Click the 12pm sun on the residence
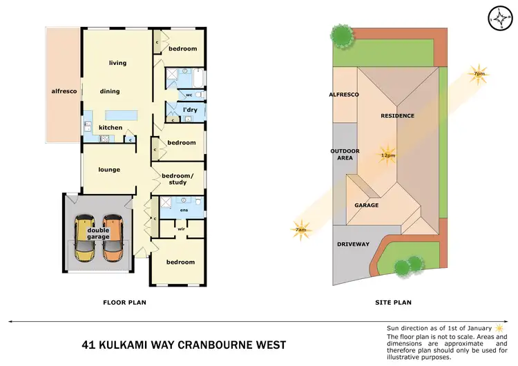tap(387, 154)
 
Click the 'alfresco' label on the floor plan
tap(63, 91)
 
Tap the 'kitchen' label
tap(111, 127)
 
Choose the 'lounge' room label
tap(109, 169)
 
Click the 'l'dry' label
tap(191, 110)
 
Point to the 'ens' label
tap(184, 210)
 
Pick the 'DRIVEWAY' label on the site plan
tap(354, 244)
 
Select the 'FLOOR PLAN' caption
tap(124, 302)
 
